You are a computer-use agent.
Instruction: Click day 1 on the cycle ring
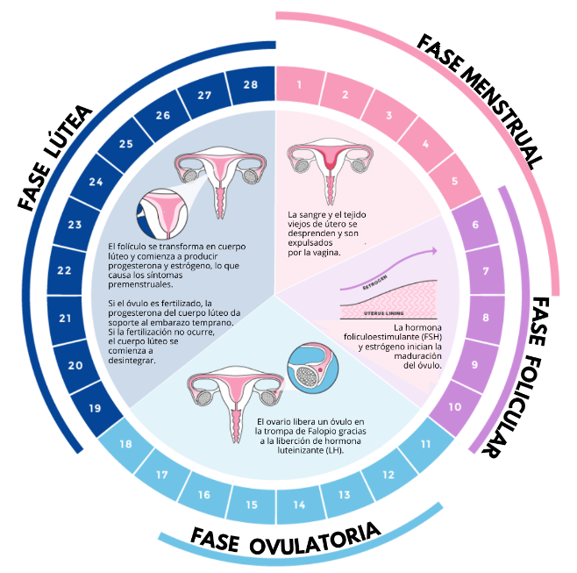[300, 85]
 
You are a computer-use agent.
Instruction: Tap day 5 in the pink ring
[455, 182]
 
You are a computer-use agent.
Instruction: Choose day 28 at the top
[251, 85]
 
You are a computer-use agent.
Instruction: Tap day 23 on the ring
[75, 225]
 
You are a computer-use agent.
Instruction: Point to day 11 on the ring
[425, 444]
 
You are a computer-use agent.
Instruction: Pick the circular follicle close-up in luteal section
[162, 211]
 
